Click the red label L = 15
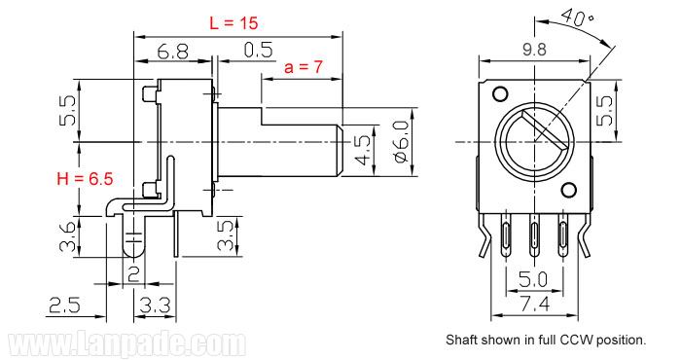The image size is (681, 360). coord(233,23)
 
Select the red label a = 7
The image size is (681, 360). coord(304,67)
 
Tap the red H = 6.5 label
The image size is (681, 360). coord(85,178)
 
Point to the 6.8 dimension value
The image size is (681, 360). coord(173,53)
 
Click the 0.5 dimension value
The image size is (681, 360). coord(259,50)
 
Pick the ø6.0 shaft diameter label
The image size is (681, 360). coord(402,142)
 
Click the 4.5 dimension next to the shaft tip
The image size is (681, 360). coord(363,150)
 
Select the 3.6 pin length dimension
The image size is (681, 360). coord(68,237)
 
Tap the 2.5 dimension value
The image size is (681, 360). coord(65,305)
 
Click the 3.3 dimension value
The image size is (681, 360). coord(155,306)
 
